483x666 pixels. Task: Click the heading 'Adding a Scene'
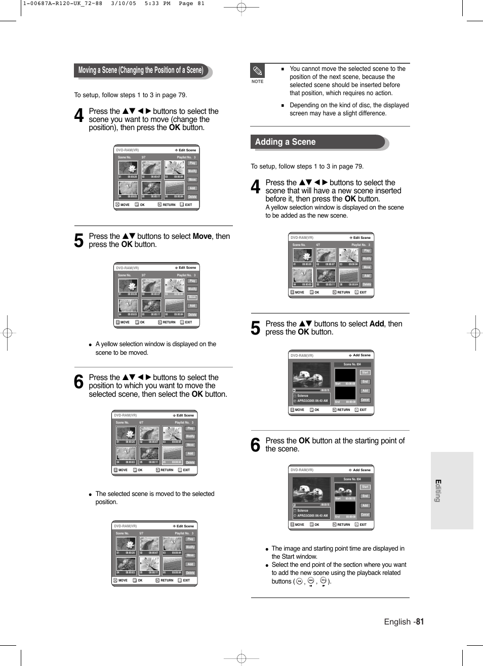pos(285,142)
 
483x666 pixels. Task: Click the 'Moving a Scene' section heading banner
pos(141,70)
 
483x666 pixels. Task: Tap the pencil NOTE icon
pos(257,71)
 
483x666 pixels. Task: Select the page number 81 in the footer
pos(420,621)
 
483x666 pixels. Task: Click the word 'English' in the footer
pos(397,621)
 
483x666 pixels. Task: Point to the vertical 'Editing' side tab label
pos(438,490)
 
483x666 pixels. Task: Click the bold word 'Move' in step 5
pos(202,236)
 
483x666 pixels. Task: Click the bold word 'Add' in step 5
pos(377,324)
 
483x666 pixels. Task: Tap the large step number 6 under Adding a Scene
pos(256,445)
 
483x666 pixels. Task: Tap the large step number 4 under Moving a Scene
pos(79,116)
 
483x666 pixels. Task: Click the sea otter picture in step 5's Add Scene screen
pos(311,375)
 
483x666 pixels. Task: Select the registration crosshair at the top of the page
pos(241,8)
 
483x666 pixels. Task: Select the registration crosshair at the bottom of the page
pos(241,658)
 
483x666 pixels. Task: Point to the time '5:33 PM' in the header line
pos(157,4)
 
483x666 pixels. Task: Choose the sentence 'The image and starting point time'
pos(338,549)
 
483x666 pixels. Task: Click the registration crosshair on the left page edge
pos(7,333)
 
